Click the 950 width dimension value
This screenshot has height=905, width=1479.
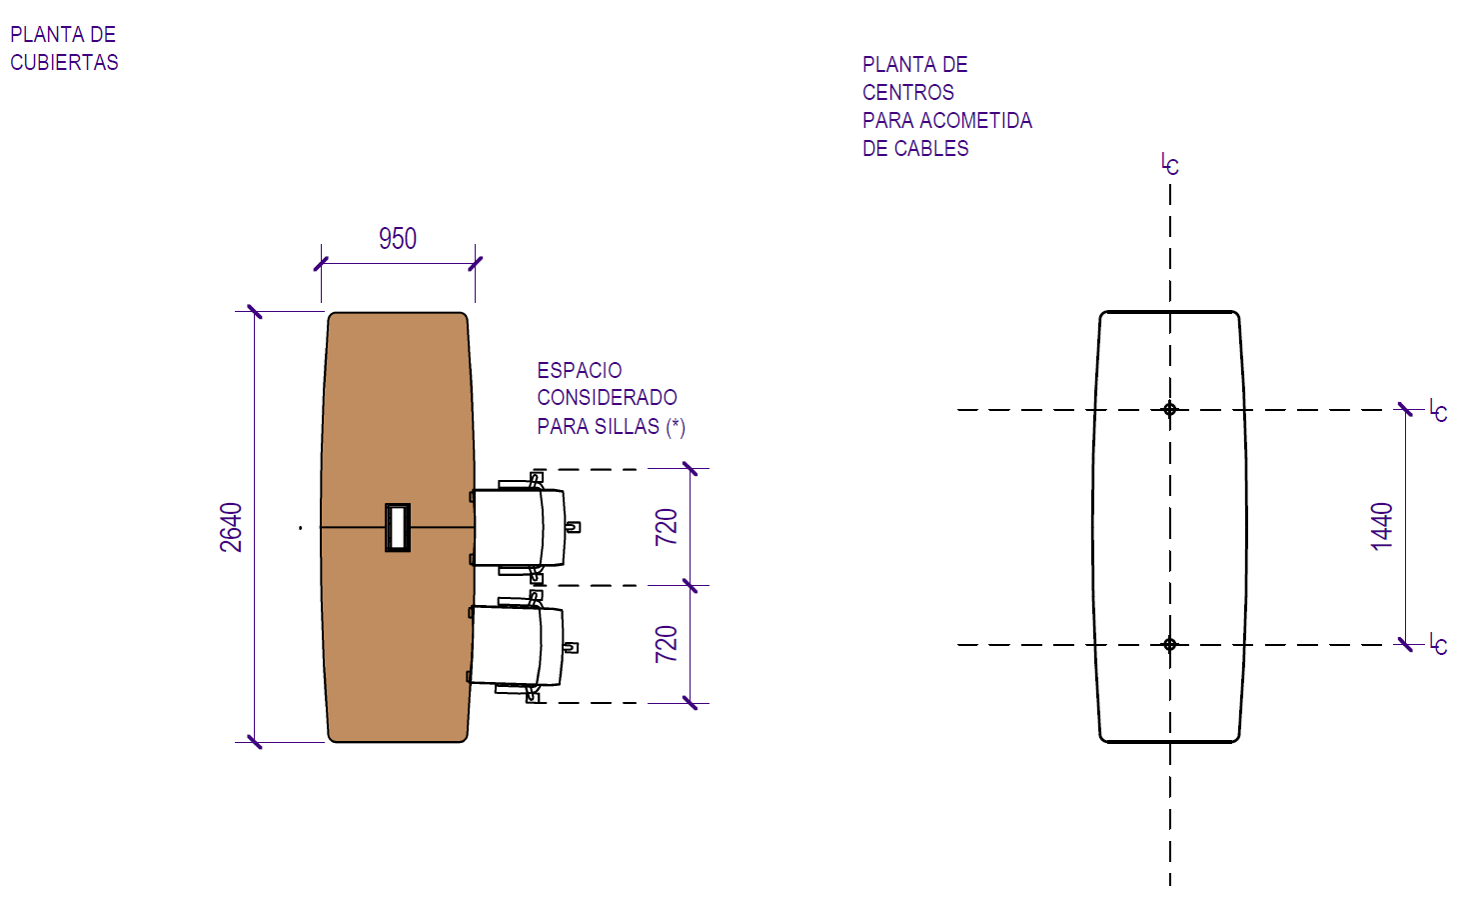pyautogui.click(x=398, y=239)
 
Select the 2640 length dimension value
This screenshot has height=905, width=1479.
pyautogui.click(x=232, y=527)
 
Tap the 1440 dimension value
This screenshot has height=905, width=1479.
pyautogui.click(x=1382, y=526)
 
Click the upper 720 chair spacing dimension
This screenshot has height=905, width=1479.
pyautogui.click(x=667, y=527)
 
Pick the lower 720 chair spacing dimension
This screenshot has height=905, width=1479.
pyautogui.click(x=667, y=644)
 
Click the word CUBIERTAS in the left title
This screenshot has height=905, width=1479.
pyautogui.click(x=64, y=63)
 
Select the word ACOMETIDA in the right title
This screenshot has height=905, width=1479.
pyautogui.click(x=975, y=121)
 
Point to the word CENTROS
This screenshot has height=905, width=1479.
pyautogui.click(x=908, y=93)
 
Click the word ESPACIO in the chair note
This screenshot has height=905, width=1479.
pyautogui.click(x=580, y=371)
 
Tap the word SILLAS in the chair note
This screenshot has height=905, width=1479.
pyautogui.click(x=628, y=427)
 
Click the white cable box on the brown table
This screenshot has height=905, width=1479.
pyautogui.click(x=398, y=527)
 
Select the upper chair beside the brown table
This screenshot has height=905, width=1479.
pyautogui.click(x=520, y=528)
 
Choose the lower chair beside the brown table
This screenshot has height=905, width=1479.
pyautogui.click(x=518, y=645)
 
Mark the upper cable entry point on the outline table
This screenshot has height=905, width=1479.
pyautogui.click(x=1170, y=409)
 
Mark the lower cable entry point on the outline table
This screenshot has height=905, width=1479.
pyautogui.click(x=1170, y=645)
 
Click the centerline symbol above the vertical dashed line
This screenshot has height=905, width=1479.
pyautogui.click(x=1170, y=165)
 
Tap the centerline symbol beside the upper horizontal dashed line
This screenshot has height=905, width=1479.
pyautogui.click(x=1438, y=410)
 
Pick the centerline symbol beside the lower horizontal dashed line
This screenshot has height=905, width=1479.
pyautogui.click(x=1438, y=644)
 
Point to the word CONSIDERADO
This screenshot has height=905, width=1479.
pyautogui.click(x=607, y=398)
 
